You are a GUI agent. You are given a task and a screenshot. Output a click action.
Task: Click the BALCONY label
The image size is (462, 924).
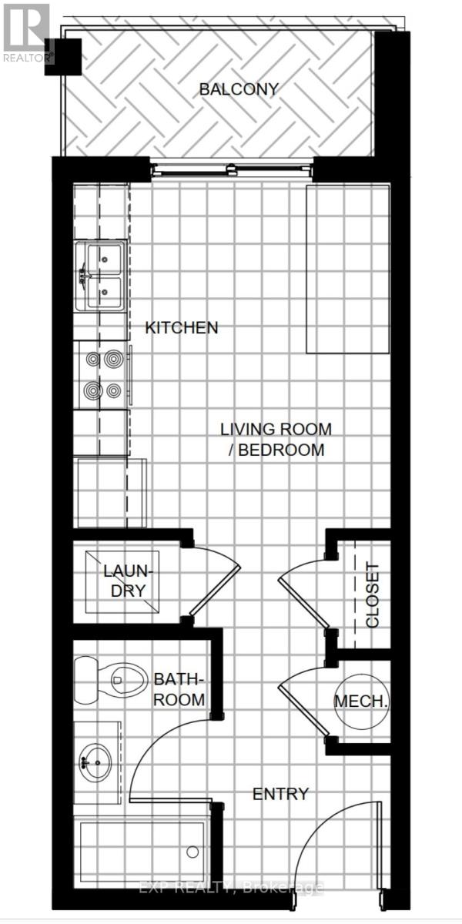(x=238, y=89)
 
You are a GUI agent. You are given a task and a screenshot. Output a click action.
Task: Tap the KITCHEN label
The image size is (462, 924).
(x=182, y=328)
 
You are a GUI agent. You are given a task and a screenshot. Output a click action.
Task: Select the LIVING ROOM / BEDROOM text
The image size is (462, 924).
(x=276, y=439)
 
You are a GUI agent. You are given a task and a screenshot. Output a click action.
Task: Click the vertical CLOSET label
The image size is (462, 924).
(x=373, y=594)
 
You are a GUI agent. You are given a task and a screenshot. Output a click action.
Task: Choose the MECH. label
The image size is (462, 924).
(x=360, y=701)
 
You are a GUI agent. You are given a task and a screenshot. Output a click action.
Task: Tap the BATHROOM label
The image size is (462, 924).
(x=179, y=689)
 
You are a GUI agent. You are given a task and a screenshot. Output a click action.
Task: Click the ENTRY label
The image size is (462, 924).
(x=281, y=794)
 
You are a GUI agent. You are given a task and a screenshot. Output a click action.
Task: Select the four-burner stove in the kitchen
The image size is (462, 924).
(x=103, y=374)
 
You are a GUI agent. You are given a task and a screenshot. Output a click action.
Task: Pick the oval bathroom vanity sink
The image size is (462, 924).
(x=97, y=762)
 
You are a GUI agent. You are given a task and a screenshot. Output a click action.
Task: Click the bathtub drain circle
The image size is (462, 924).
(x=192, y=852)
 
